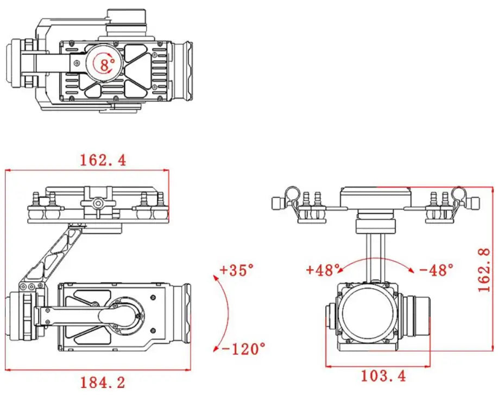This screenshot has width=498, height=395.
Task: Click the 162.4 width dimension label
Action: point(103,160)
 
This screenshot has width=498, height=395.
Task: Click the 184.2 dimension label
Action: point(103,381)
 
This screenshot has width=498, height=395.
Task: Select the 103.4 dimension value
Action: point(383,375)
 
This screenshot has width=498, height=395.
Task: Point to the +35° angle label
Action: point(237,270)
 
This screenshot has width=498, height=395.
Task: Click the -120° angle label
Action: point(244,347)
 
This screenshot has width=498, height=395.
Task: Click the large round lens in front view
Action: point(369,314)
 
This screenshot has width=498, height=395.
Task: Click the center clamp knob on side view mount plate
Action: point(98,202)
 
